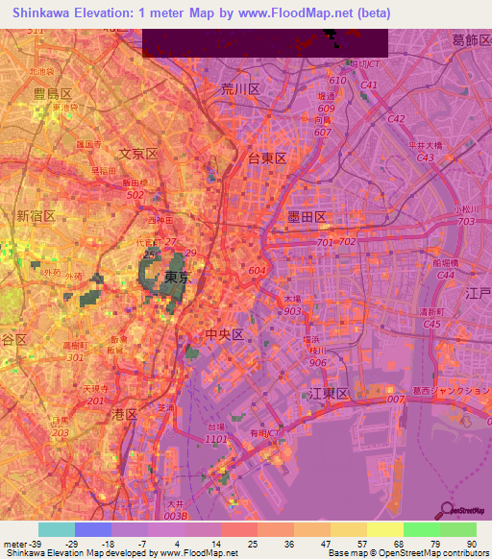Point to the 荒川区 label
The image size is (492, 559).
(x=240, y=88)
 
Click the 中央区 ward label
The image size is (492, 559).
(x=227, y=334)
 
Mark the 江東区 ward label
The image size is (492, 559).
(x=328, y=394)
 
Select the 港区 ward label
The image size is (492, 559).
(x=125, y=414)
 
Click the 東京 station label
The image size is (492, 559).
(x=175, y=278)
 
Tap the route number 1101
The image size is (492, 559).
(x=217, y=440)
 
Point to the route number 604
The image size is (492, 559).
(x=257, y=272)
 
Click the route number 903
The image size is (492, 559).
(x=293, y=312)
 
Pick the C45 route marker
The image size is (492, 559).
(x=431, y=324)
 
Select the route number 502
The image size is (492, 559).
(x=134, y=194)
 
